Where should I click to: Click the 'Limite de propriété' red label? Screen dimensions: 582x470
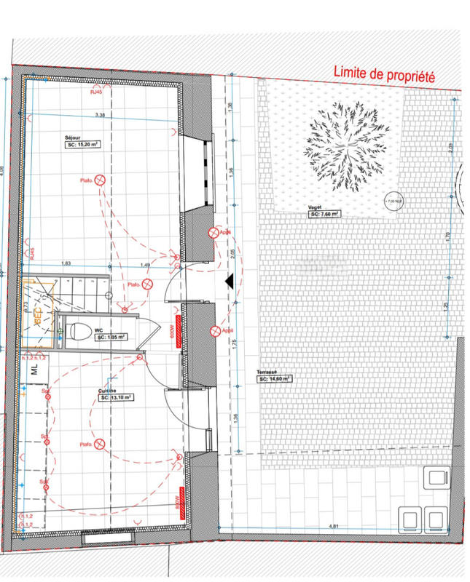384,73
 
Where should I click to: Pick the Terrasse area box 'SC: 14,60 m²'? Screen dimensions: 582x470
274,378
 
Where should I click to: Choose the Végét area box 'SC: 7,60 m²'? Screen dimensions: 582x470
324,215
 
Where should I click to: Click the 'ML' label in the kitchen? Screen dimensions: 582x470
34,370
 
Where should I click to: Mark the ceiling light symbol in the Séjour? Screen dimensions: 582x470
103,180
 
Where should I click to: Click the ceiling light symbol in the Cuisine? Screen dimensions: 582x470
100,443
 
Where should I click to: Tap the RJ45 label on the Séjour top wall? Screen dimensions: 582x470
95,92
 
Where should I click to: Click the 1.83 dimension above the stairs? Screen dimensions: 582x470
66,263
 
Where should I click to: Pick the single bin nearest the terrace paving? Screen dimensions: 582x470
438,478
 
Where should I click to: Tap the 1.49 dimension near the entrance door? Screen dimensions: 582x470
145,265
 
